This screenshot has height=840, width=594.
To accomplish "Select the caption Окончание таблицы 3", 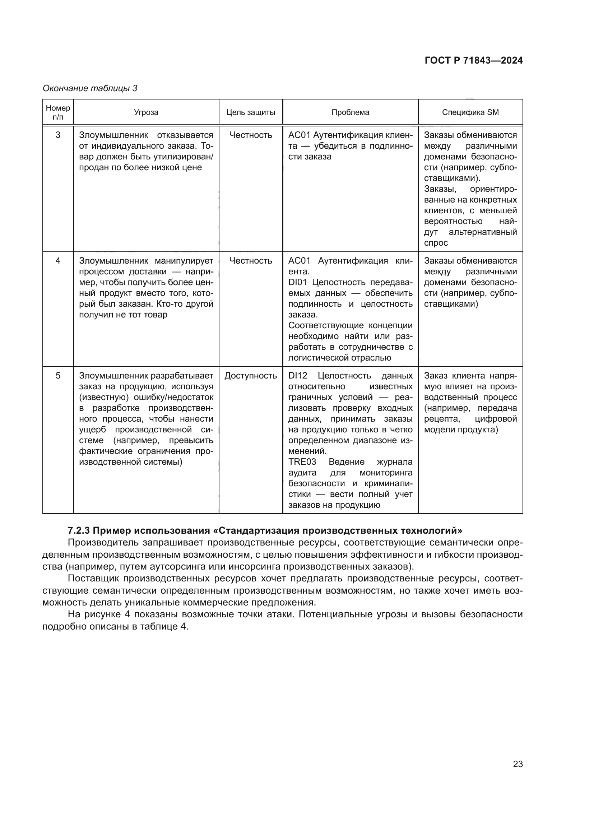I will [x=90, y=88].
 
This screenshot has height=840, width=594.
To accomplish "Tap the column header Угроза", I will [x=146, y=112].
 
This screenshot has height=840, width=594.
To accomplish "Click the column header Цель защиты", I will [x=251, y=112].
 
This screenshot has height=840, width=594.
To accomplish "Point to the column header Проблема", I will [x=350, y=112].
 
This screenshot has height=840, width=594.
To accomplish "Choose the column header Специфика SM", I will [x=470, y=112].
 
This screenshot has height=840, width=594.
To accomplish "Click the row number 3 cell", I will [x=58, y=135].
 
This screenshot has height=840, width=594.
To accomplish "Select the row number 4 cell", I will [x=58, y=261].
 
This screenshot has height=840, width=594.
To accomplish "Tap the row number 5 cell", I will [x=58, y=376].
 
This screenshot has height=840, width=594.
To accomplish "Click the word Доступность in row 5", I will [x=251, y=376].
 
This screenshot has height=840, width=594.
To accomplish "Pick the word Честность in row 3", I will [x=251, y=135].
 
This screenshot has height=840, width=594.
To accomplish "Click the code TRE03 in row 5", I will [x=302, y=462].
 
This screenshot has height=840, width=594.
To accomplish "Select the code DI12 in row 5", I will [x=298, y=376].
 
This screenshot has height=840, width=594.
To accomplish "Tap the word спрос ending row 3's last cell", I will [x=436, y=243].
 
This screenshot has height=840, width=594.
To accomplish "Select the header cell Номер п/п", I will [x=58, y=112].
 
